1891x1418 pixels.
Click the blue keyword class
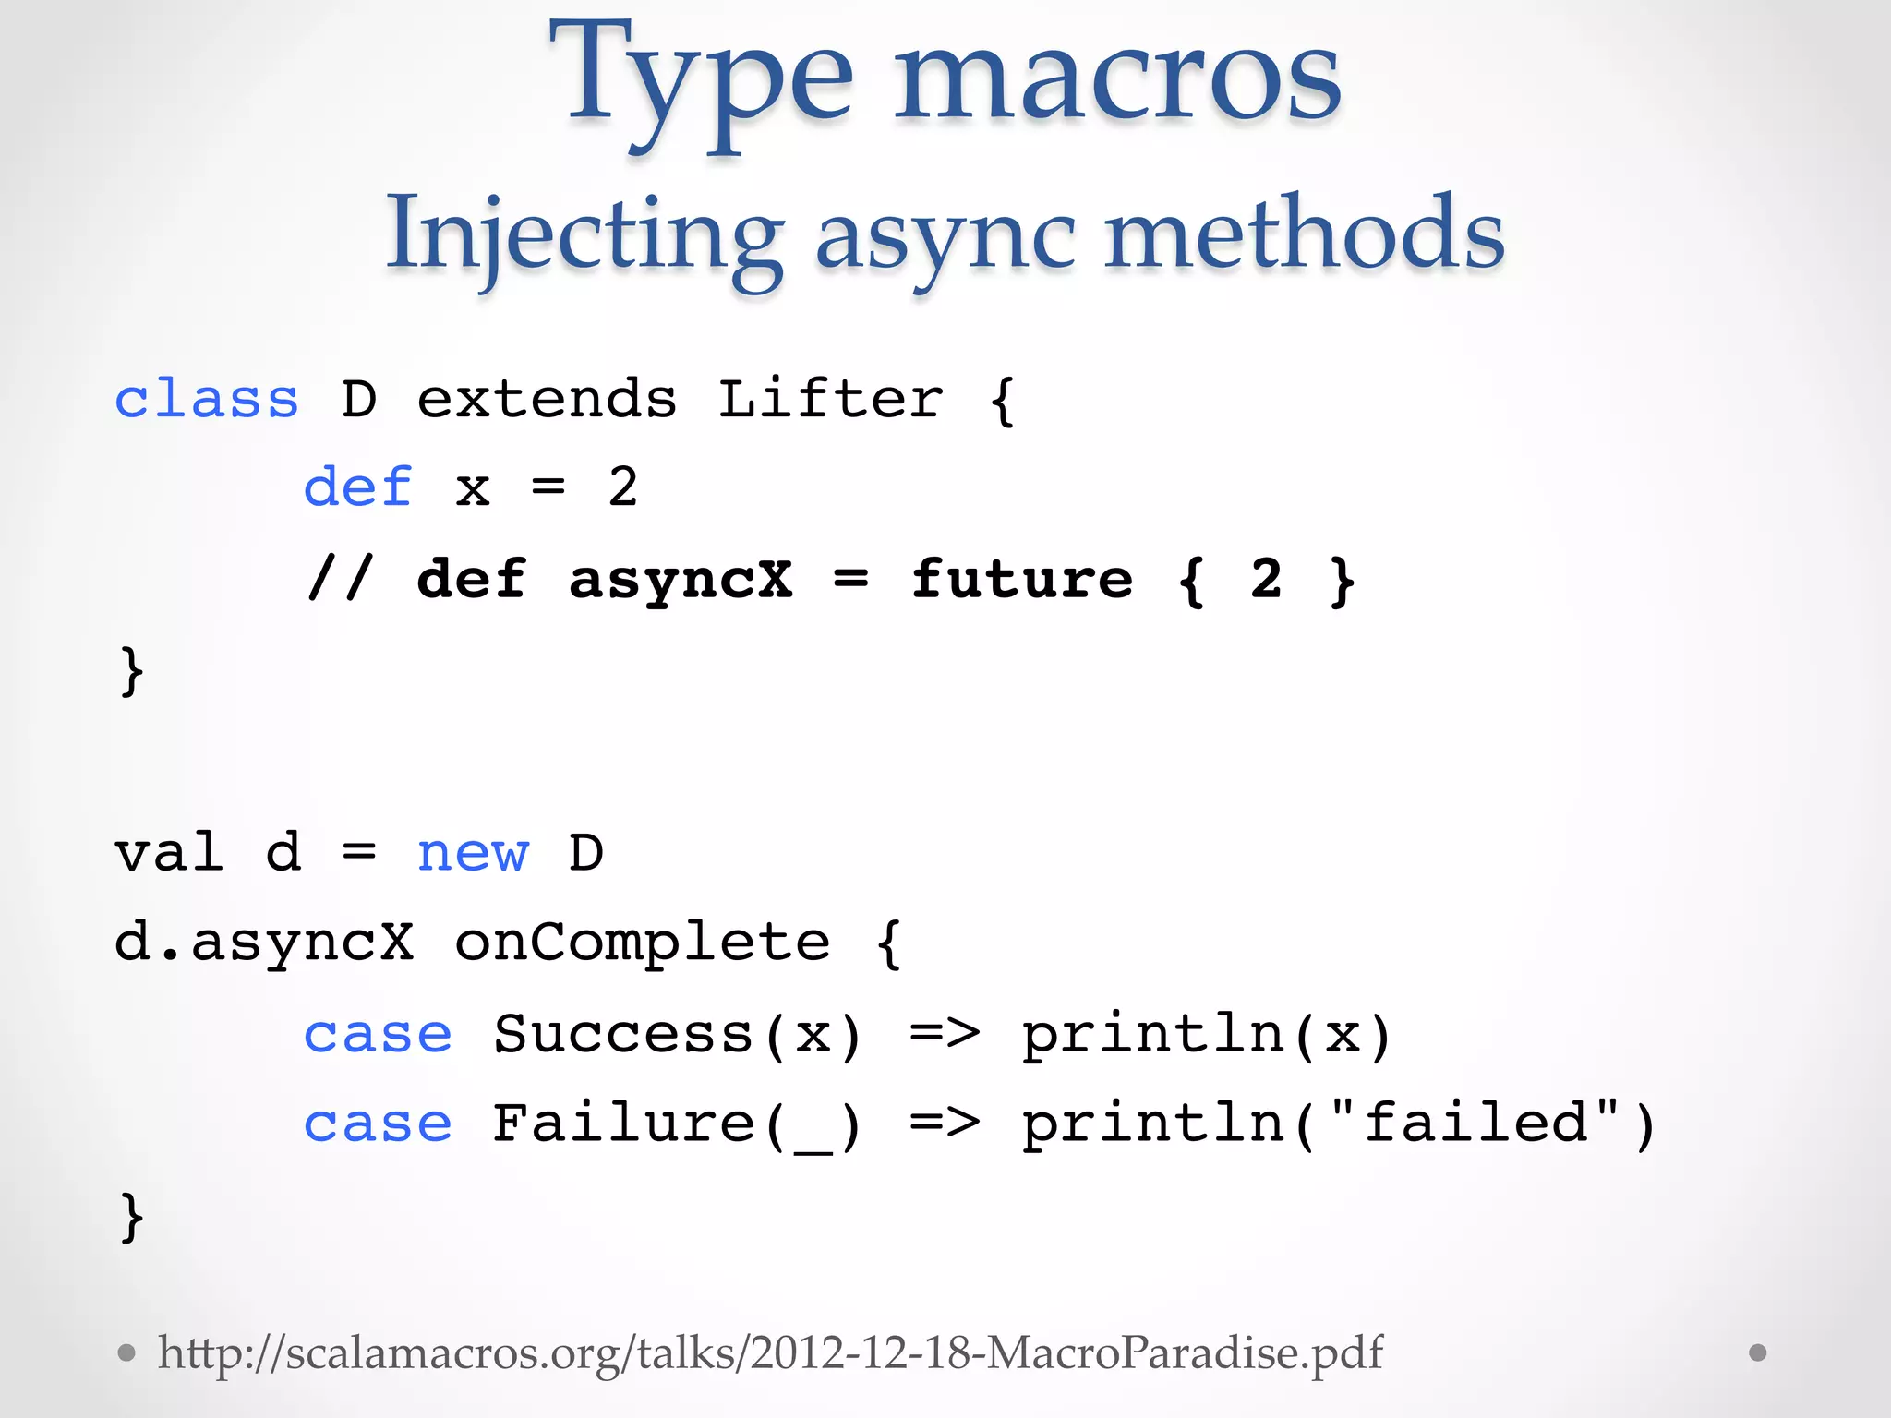click(x=207, y=400)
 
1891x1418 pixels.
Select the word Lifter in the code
click(x=830, y=400)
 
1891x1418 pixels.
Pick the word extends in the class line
click(x=547, y=400)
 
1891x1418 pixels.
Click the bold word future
click(x=1021, y=580)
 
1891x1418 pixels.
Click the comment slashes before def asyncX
click(x=339, y=580)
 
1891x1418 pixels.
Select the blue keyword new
click(x=473, y=853)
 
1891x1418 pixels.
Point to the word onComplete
click(x=643, y=943)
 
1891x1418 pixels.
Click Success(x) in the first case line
click(x=678, y=1034)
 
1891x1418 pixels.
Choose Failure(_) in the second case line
click(x=678, y=1124)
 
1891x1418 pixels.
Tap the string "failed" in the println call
click(x=1475, y=1123)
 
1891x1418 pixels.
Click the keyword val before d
click(x=169, y=853)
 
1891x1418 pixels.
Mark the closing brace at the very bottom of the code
click(x=132, y=1217)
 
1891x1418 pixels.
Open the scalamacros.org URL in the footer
click(x=770, y=1353)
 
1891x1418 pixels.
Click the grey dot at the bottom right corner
click(x=1758, y=1352)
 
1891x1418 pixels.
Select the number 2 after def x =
click(x=623, y=487)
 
